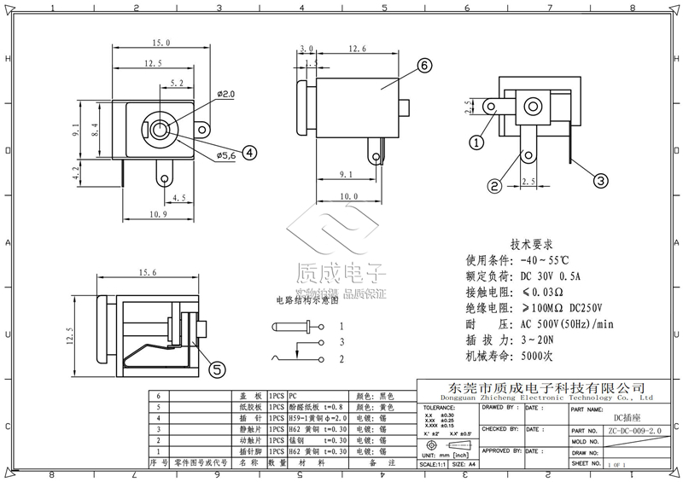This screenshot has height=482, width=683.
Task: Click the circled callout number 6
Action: (424, 65)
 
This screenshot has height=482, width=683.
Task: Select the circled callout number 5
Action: (218, 369)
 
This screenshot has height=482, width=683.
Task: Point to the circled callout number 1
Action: (476, 141)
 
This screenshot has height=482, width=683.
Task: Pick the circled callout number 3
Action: (600, 180)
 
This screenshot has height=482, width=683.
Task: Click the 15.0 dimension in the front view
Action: (161, 43)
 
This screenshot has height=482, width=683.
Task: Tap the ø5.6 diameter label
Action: (225, 155)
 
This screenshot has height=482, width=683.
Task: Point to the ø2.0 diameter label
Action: (226, 93)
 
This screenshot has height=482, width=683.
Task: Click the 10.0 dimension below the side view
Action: (348, 196)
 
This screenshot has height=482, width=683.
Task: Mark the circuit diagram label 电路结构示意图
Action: (306, 300)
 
